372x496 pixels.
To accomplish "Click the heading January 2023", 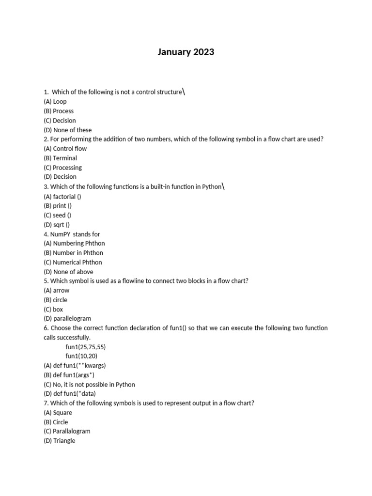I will coord(186,52).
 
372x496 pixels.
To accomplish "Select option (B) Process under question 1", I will coord(59,111).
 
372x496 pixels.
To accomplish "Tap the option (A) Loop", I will coord(55,102).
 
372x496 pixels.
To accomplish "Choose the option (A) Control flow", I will coord(65,149).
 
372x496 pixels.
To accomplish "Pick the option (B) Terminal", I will coord(60,158).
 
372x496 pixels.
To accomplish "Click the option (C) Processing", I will coord(62,168).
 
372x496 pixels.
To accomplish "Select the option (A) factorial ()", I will coord(62,197).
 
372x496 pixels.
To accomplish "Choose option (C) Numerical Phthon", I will coord(73,263).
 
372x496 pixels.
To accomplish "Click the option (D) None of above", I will coord(68,272).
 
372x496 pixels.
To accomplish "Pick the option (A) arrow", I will coord(56,291).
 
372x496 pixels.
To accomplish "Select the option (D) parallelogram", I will coord(67,319).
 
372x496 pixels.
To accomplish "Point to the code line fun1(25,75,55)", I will coord(85,347).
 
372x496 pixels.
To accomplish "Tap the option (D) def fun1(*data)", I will coord(71,394).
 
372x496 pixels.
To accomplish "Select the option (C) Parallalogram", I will coord(67,431).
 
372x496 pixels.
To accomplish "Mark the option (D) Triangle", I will coord(60,441).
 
